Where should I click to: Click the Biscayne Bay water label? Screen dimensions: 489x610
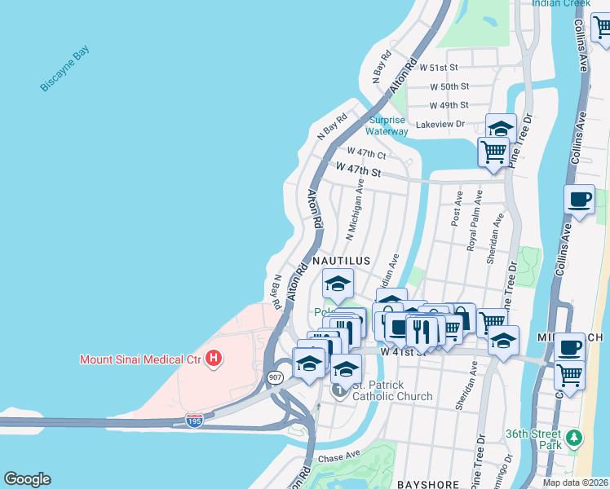pyautogui.click(x=66, y=70)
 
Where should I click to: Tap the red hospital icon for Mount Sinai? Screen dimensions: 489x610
pyautogui.click(x=214, y=358)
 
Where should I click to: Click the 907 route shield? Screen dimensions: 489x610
pyautogui.click(x=276, y=377)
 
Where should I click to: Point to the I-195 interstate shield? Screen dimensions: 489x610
pyautogui.click(x=194, y=421)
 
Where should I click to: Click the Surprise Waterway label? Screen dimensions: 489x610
pyautogui.click(x=387, y=126)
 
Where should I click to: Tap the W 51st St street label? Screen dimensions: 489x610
pyautogui.click(x=444, y=67)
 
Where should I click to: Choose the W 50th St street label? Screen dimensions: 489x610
pyautogui.click(x=449, y=86)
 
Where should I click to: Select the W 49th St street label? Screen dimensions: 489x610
pyautogui.click(x=449, y=105)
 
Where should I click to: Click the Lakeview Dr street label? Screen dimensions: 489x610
pyautogui.click(x=440, y=125)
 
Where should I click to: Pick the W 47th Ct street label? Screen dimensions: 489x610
pyautogui.click(x=365, y=153)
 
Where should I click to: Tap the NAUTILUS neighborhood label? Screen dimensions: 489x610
pyautogui.click(x=342, y=261)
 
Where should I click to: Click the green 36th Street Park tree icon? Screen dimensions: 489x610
pyautogui.click(x=574, y=439)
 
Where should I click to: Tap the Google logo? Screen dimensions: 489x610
pyautogui.click(x=27, y=479)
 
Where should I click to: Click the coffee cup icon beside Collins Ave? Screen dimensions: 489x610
pyautogui.click(x=579, y=199)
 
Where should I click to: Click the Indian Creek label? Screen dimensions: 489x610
pyautogui.click(x=561, y=3)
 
